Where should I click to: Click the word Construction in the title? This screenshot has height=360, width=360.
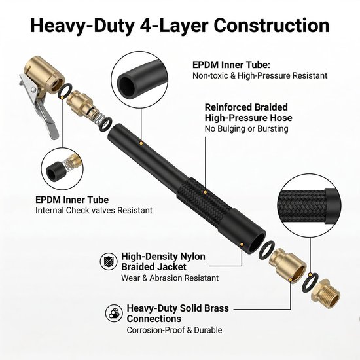[x=272, y=26]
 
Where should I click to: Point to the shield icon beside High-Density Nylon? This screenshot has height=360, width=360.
[x=109, y=261]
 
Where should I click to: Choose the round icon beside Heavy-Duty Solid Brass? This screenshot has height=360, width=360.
[x=114, y=313]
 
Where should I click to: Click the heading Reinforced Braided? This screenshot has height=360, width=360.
[x=246, y=107]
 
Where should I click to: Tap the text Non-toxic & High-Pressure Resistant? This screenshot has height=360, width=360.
[x=260, y=75]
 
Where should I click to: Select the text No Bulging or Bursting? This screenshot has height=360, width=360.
[x=246, y=128]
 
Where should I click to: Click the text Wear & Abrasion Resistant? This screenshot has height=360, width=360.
[x=170, y=278]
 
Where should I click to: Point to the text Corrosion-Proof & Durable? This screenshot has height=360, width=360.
[x=174, y=330]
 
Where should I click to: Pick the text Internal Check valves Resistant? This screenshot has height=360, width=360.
[x=94, y=210]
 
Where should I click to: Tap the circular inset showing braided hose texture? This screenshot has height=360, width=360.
[x=309, y=206]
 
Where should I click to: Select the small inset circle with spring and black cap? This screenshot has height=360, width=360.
[x=62, y=168]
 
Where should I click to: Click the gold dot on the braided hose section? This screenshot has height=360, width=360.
[x=206, y=192]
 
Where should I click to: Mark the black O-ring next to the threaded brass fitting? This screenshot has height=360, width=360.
[x=310, y=282]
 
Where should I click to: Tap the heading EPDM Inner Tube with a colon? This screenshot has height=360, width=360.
[x=231, y=65]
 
